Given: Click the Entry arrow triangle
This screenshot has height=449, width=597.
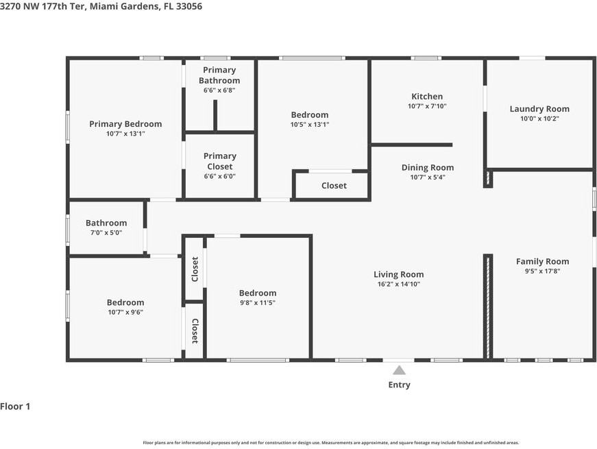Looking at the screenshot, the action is [399, 371].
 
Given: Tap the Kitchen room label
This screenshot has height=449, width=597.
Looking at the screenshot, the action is [427, 97].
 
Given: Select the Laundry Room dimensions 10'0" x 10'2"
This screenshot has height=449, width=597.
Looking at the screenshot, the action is [539, 119].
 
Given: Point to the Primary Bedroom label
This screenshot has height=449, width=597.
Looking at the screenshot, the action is [125, 124].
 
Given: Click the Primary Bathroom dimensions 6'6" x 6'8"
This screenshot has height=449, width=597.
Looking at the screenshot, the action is [219, 90].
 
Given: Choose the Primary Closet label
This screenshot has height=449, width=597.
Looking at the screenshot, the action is [220, 161].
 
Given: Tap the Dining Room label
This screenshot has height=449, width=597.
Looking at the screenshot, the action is [428, 167].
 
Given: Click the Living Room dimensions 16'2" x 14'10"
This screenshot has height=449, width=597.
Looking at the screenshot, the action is [399, 284].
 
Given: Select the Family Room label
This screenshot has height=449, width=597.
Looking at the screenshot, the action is [543, 262].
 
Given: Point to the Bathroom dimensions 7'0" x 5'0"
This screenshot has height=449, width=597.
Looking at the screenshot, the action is [106, 232].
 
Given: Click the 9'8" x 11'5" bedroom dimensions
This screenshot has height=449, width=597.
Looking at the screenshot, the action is [258, 303].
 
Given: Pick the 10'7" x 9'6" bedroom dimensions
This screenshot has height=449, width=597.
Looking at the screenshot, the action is [125, 313].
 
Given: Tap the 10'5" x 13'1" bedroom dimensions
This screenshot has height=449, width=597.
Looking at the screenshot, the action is [310, 125].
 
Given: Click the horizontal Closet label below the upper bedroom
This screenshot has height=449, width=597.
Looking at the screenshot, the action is [334, 186].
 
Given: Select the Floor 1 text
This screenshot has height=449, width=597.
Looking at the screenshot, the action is [15, 406].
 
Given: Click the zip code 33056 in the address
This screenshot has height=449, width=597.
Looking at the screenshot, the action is [189, 6].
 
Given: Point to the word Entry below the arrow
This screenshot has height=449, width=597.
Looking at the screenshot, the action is [399, 385].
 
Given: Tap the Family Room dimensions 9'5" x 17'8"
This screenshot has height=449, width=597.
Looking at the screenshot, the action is [543, 271].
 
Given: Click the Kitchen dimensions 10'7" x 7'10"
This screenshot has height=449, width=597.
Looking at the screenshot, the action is [427, 106].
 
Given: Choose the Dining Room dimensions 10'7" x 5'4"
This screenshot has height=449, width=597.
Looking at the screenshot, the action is [428, 177].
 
